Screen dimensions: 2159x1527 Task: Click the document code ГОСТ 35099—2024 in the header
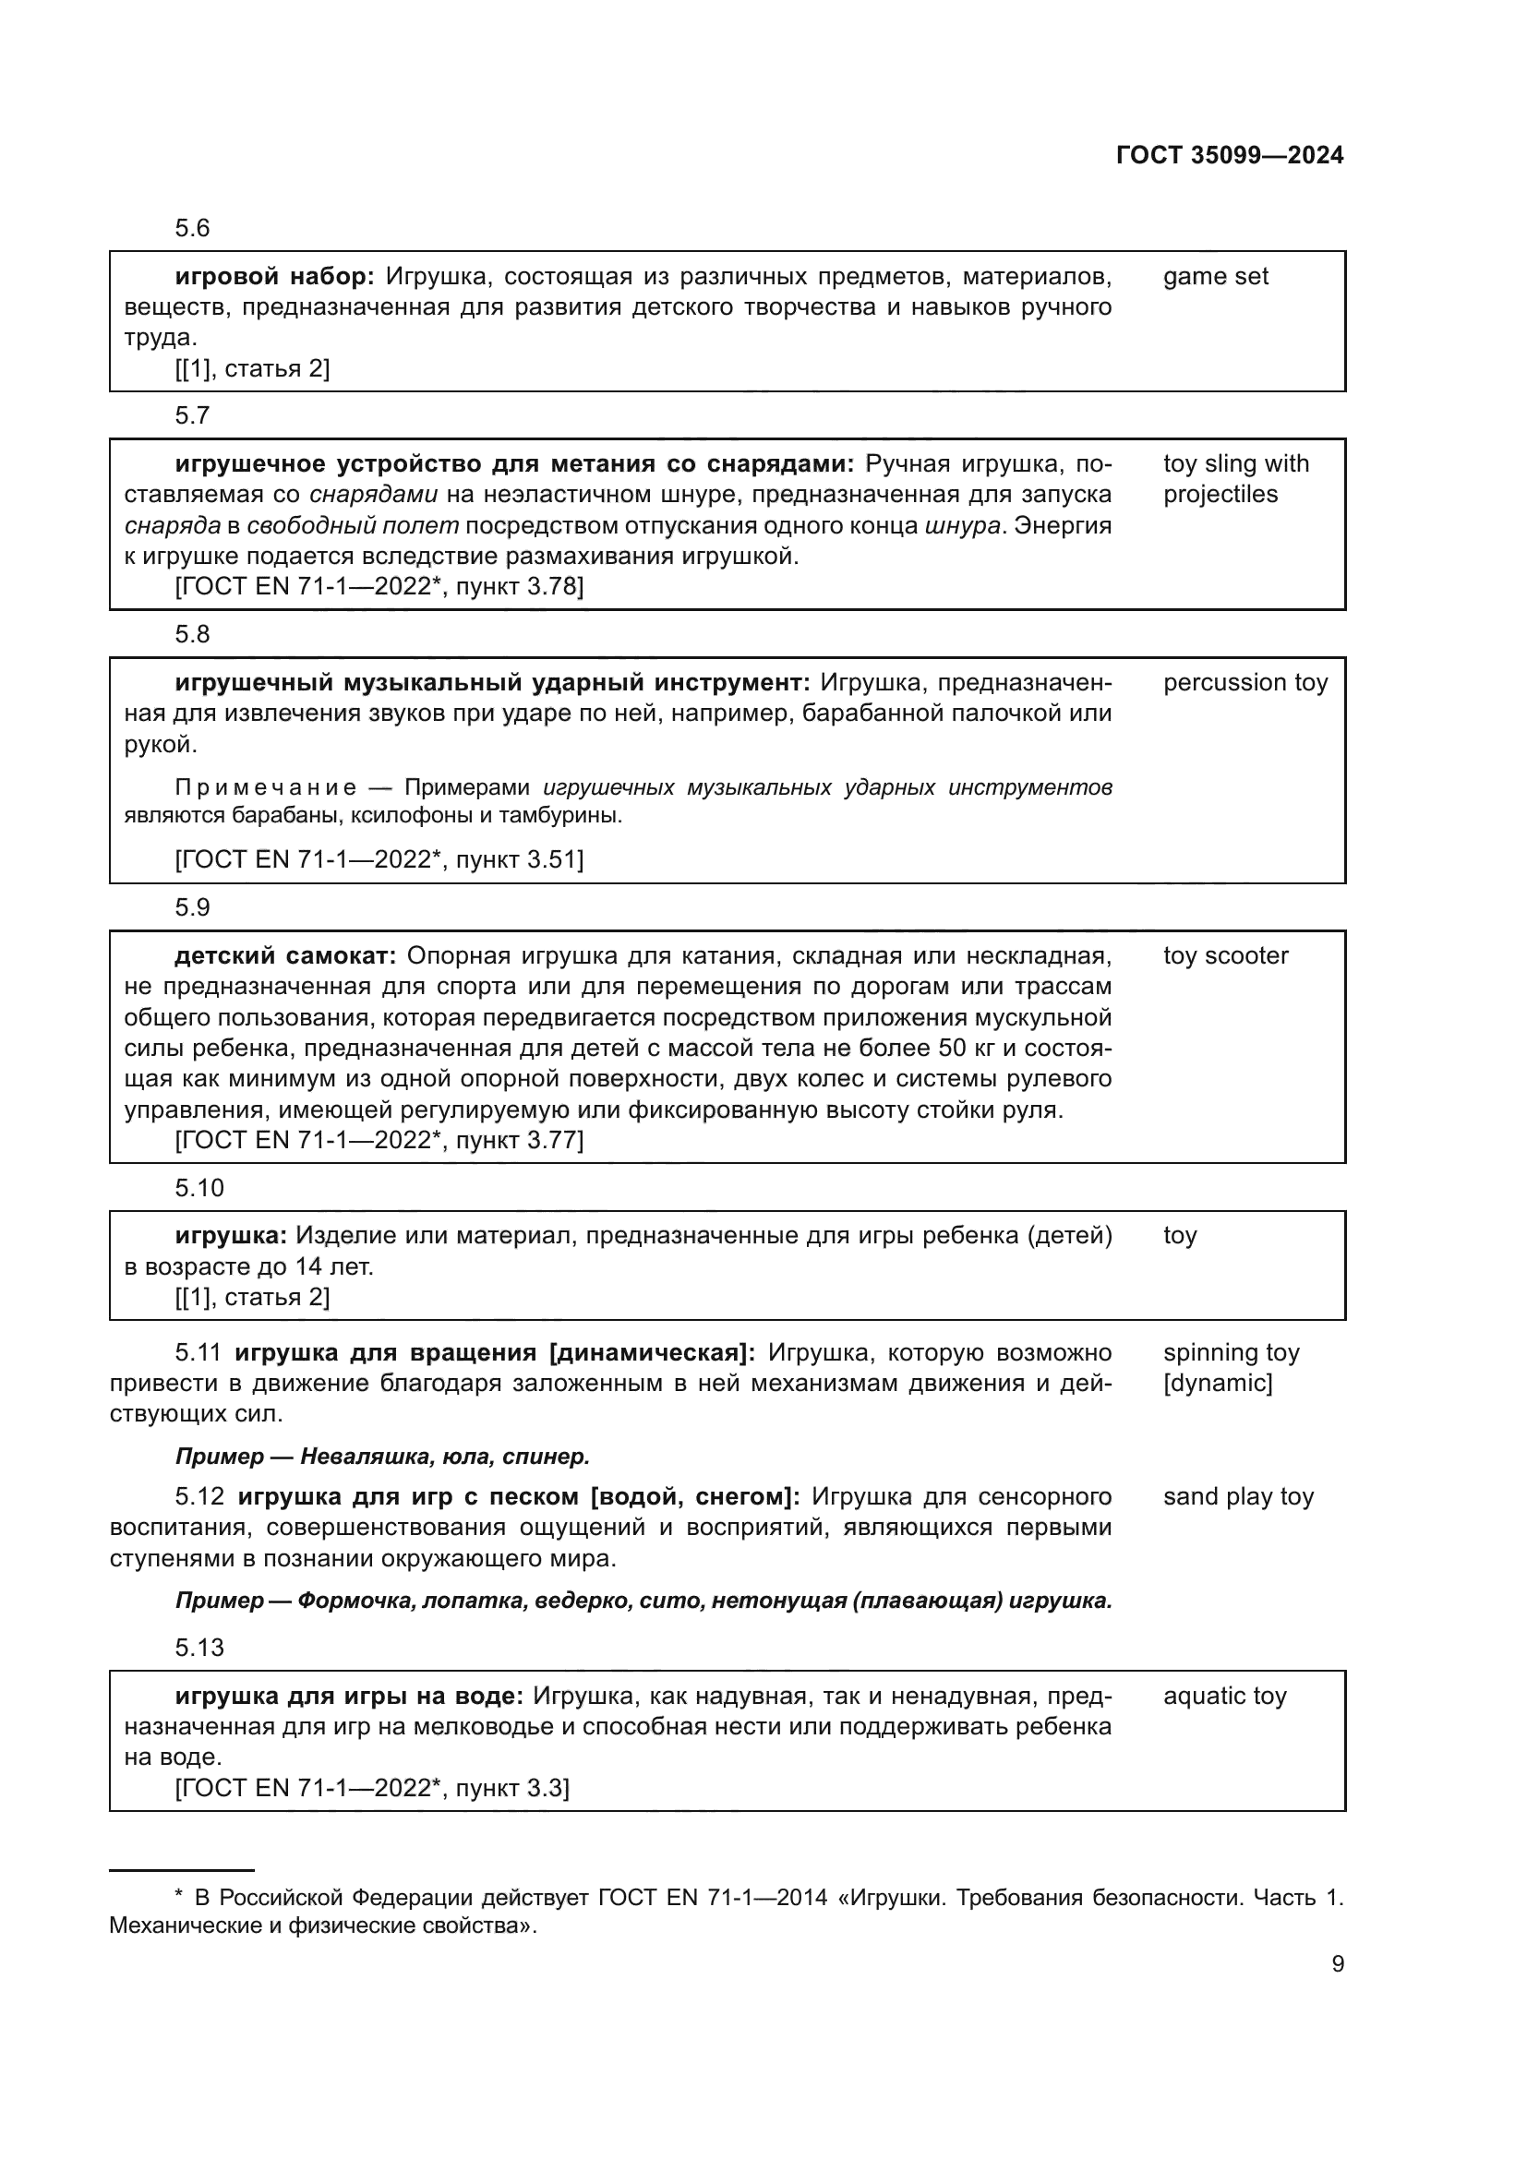coord(1229,155)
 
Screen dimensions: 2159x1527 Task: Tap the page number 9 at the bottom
coord(1338,1963)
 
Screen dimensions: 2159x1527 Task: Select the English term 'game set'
coord(1215,277)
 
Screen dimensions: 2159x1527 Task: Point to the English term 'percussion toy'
coord(1244,683)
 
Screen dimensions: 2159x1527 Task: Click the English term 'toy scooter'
coord(1225,956)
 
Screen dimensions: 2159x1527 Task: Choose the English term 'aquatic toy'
coord(1224,1697)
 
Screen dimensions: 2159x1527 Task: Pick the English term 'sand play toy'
coord(1237,1497)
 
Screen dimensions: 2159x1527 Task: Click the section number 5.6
coord(192,229)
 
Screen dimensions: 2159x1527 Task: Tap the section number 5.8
coord(192,635)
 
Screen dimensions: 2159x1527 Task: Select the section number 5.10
coord(199,1189)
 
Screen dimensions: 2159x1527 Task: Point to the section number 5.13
coord(199,1648)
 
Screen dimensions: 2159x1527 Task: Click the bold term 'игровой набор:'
coord(274,277)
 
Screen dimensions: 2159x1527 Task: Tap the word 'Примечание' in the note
coord(266,788)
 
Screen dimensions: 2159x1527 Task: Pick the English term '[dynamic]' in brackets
coord(1218,1384)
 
